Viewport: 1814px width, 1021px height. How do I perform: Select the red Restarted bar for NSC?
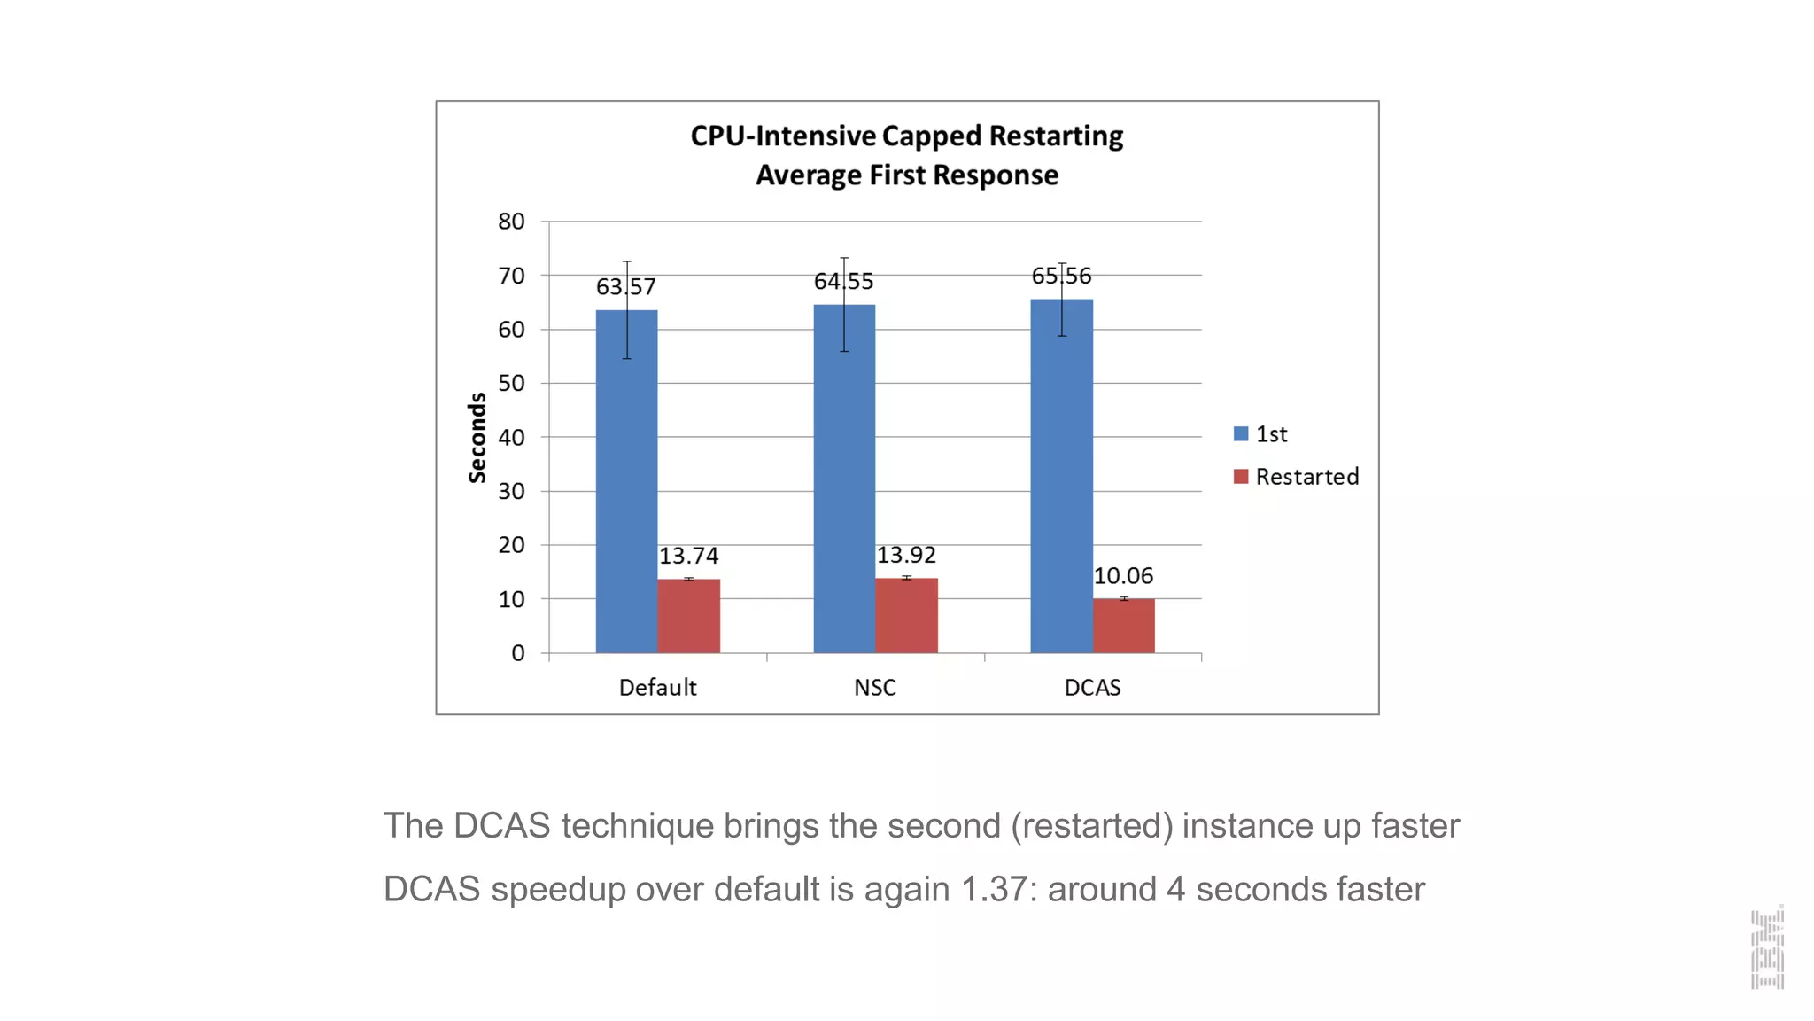(906, 616)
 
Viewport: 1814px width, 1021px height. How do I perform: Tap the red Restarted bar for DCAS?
(1123, 627)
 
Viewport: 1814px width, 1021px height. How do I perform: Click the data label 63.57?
(625, 287)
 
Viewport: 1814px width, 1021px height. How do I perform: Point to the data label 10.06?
(1123, 576)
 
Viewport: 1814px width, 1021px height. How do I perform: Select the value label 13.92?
(906, 555)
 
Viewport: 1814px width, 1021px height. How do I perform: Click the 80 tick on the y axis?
(511, 222)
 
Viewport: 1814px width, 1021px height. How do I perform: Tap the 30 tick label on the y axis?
(511, 491)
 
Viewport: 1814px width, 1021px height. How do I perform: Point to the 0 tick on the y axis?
(518, 653)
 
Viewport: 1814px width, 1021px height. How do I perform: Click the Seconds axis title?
(477, 438)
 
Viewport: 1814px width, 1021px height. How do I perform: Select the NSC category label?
(874, 688)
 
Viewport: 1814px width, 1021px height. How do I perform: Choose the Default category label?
(657, 688)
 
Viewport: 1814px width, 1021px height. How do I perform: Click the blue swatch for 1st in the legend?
(1240, 434)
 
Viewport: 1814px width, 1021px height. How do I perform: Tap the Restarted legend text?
(1306, 477)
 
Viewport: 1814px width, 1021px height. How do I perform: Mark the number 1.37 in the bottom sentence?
(994, 889)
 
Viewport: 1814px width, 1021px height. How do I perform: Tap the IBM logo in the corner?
(1766, 947)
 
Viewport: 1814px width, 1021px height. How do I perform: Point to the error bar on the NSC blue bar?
(844, 304)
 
